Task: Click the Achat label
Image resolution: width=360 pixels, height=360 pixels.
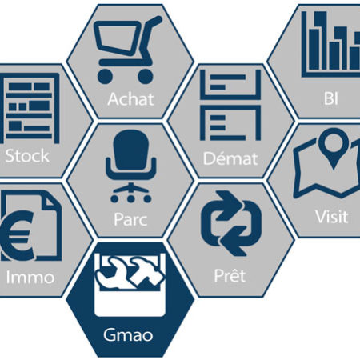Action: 130,99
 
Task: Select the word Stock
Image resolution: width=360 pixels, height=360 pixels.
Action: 27,156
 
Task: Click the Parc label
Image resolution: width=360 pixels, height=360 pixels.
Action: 130,219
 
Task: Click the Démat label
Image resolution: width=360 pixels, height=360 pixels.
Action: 230,158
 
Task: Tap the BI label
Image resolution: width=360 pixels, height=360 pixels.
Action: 331,98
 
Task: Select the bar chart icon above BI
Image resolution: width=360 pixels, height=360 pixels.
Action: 330,45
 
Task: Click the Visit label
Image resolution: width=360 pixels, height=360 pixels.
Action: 332,217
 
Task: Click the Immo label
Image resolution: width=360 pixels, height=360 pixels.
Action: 30,278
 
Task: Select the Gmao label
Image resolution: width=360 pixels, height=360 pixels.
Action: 128,335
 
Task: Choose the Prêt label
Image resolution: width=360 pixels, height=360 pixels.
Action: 230,275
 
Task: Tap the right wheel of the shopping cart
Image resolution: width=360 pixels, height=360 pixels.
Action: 146,77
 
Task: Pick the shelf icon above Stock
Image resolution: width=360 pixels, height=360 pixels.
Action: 30,108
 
